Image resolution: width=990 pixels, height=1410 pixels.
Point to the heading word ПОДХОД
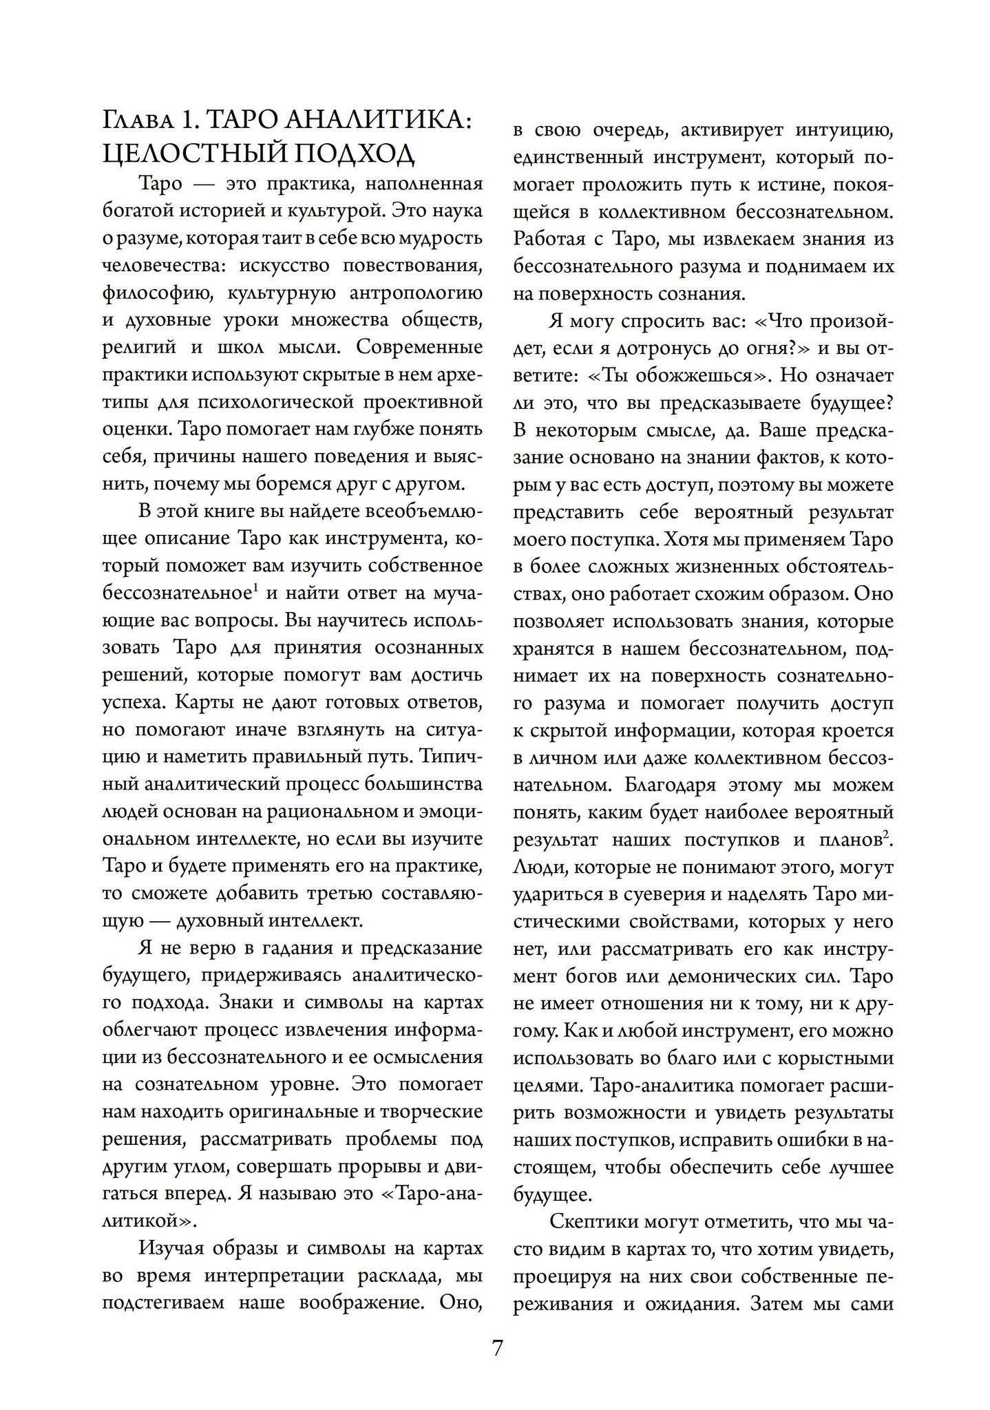[355, 154]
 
